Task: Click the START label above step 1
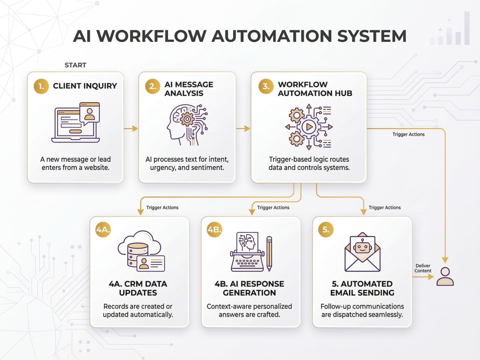[x=75, y=65]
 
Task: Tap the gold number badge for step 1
[x=41, y=86]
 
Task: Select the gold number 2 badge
[x=153, y=86]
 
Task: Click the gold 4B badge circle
[x=214, y=229]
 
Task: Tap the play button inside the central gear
[x=309, y=126]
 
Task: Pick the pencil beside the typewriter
[x=269, y=254]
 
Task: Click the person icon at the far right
[x=445, y=276]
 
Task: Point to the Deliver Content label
[x=423, y=268]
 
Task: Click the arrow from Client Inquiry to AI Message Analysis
[x=131, y=129]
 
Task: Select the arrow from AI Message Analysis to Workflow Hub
[x=243, y=129]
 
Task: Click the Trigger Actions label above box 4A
[x=162, y=207]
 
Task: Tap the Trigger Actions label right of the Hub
[x=408, y=134]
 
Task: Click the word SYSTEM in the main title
[x=372, y=36]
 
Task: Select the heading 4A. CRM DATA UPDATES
[x=138, y=288]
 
